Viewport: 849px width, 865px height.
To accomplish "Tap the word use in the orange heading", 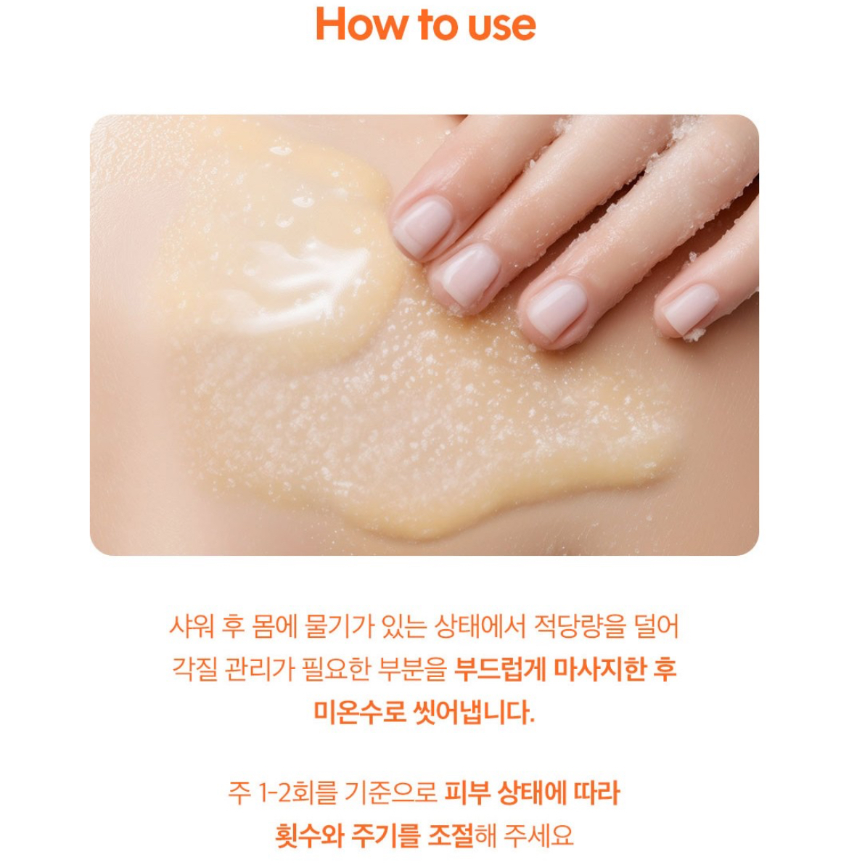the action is [501, 27].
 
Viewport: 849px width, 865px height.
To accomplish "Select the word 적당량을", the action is [580, 626].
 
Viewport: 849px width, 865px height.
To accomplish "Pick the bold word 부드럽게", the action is [500, 669].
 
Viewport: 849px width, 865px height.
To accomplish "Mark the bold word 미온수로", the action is [359, 712].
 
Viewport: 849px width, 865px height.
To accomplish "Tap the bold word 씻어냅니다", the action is [475, 712].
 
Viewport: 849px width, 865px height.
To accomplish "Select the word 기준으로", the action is [390, 792].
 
